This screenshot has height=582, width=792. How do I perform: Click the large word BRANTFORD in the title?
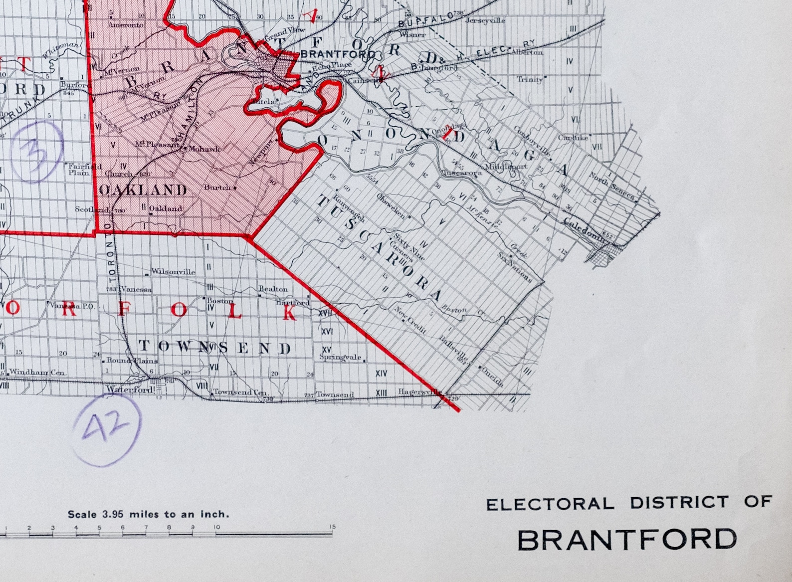(626, 540)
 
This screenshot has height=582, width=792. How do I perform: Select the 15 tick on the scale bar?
(332, 528)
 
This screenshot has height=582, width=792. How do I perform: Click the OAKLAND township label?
(143, 190)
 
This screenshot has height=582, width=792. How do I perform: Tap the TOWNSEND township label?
(215, 347)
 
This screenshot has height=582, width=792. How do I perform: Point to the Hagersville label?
(419, 392)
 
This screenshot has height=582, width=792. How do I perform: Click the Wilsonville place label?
(173, 272)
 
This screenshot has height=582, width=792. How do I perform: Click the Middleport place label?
(506, 167)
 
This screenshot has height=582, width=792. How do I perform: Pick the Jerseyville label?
(485, 20)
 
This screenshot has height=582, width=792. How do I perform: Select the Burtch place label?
(217, 188)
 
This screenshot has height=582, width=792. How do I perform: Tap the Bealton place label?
(273, 289)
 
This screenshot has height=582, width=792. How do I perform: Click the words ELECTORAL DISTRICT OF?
(629, 503)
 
